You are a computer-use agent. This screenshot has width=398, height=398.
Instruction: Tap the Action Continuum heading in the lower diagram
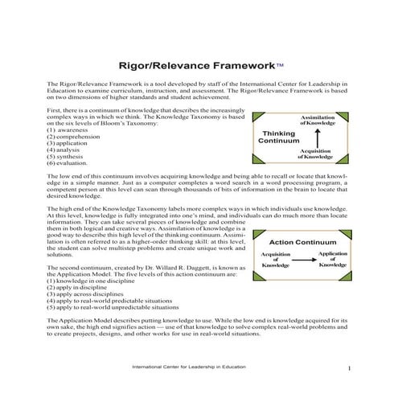point(298,240)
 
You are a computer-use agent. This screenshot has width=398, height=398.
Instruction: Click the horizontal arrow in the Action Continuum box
point(297,259)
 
